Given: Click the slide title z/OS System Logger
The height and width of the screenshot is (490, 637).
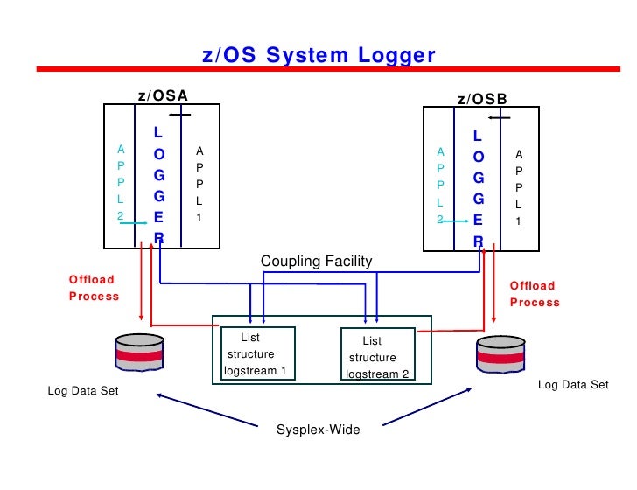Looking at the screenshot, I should pos(318,56).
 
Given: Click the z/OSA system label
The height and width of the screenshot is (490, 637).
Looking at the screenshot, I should pos(164,95).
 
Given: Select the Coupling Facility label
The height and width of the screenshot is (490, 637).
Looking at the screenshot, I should pos(316,261).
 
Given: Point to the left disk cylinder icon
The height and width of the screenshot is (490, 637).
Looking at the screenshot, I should pos(139,353).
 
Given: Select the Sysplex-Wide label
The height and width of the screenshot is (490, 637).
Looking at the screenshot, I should pos(318,430).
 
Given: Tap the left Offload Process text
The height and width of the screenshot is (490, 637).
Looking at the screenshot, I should pos(94,288).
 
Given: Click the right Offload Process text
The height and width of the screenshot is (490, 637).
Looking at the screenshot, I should pos(534,293).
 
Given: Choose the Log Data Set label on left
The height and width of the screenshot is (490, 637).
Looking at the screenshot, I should pos(82,391).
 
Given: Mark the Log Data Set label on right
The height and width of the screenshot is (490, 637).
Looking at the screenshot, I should pos(572,384).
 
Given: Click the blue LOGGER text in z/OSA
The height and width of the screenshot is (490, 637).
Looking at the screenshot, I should pos(158,185).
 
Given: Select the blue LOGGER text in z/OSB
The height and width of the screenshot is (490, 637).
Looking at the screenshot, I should pos(478,187).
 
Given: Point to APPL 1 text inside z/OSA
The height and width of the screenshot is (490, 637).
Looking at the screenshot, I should pos(199,183).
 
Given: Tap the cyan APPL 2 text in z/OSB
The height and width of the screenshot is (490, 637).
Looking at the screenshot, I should pos(440,185).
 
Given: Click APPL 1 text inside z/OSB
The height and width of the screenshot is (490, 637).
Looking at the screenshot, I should pos(519,187).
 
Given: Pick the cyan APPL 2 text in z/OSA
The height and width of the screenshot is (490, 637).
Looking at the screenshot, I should pos(121,182).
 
